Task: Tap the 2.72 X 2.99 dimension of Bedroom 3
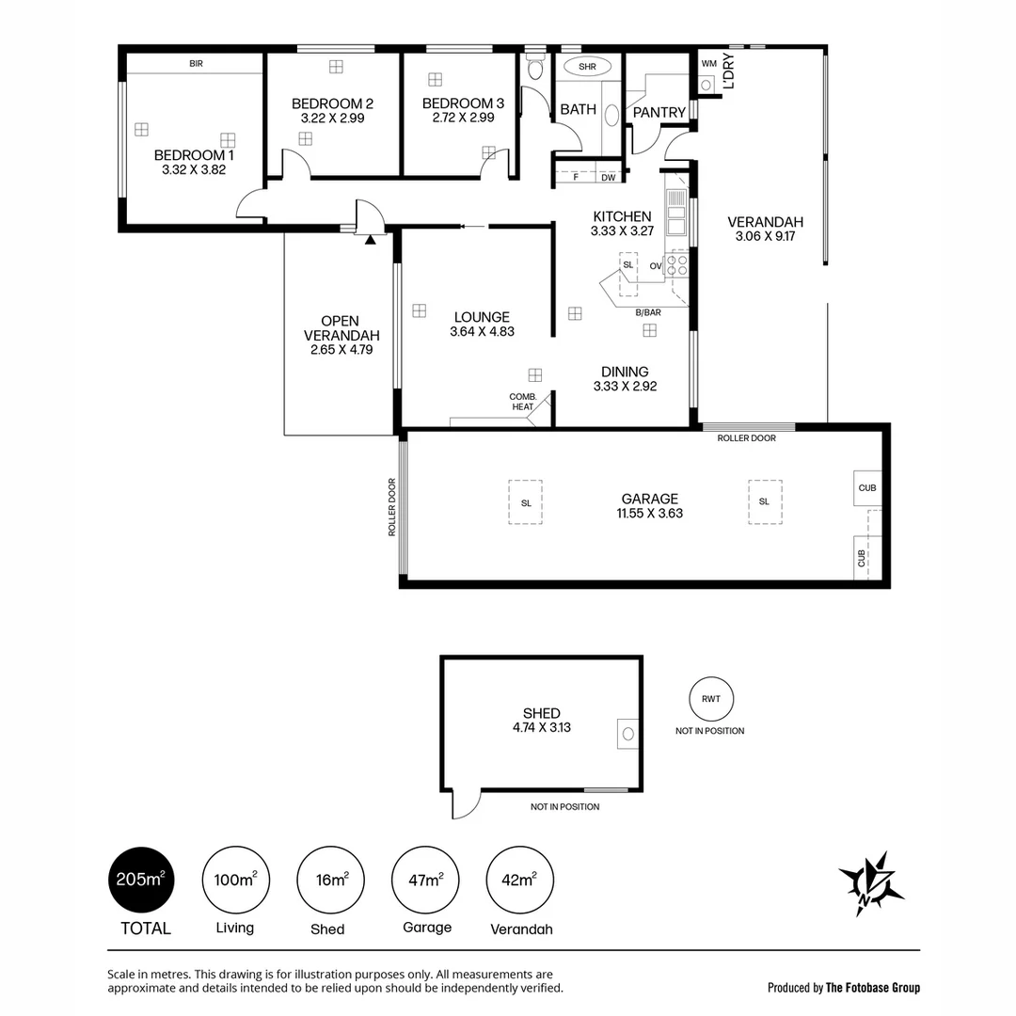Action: click(463, 119)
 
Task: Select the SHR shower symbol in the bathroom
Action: click(587, 67)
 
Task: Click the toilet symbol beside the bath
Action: click(536, 69)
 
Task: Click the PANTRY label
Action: click(659, 113)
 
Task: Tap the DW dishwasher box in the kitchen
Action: click(609, 177)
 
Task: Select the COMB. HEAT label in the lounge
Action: click(523, 402)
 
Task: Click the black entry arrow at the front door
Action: click(371, 240)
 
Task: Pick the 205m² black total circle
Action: click(140, 881)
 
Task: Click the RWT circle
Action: click(709, 699)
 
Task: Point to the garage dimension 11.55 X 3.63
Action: click(649, 514)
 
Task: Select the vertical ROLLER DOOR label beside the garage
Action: click(392, 508)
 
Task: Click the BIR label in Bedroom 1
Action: click(196, 64)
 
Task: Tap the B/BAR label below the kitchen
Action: click(648, 312)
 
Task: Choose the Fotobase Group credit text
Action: click(844, 987)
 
